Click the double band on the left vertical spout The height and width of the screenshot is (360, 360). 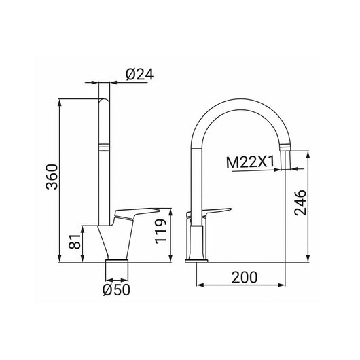tap(105, 146)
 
